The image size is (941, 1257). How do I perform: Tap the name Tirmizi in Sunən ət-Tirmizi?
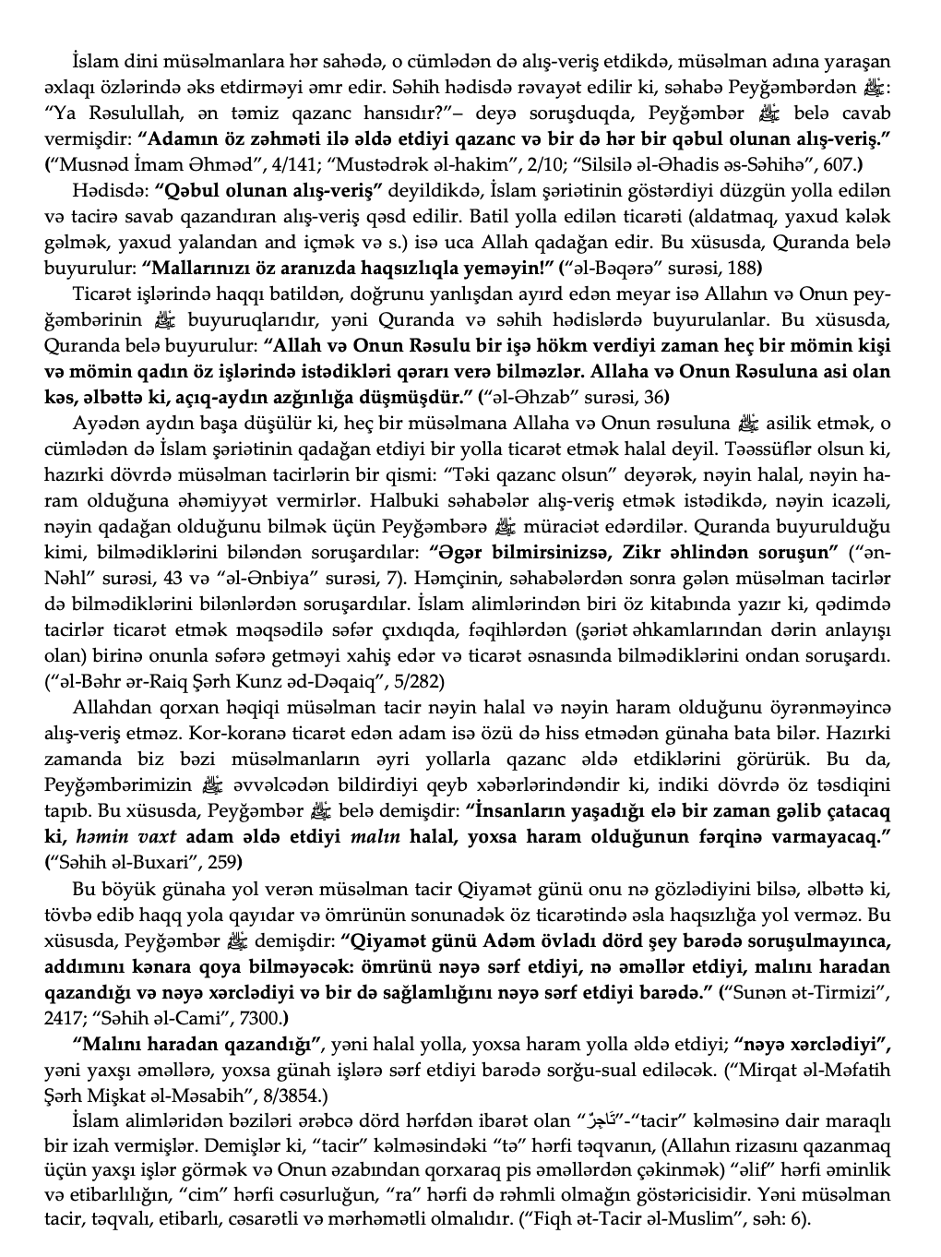(x=854, y=993)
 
